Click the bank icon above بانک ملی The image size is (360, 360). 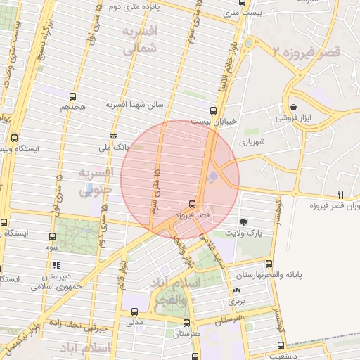(x=115, y=136)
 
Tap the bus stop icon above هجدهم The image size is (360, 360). (x=72, y=96)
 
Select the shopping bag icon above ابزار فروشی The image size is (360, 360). (x=293, y=108)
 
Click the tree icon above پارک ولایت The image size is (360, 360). (x=243, y=222)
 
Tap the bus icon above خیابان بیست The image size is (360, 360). (x=213, y=110)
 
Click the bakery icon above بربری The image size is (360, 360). (x=236, y=290)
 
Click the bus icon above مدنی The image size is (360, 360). (x=134, y=312)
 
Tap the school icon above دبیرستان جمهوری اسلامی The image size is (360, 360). (x=56, y=265)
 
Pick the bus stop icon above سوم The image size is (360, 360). (x=53, y=237)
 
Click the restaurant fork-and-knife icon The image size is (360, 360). (x=341, y=195)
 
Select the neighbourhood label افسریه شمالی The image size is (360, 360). (x=139, y=41)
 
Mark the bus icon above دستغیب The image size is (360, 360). (x=281, y=345)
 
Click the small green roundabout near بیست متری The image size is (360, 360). (x=248, y=44)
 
